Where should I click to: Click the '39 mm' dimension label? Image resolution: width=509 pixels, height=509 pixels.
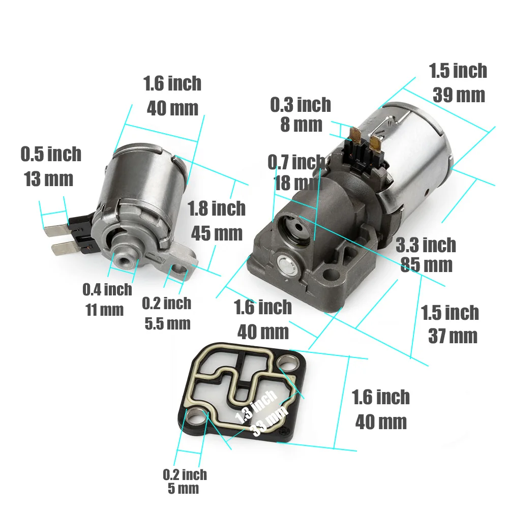coord(459,95)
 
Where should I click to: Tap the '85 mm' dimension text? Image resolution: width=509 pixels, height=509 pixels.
coord(426,265)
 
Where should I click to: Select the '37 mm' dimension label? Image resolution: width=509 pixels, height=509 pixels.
coord(453,336)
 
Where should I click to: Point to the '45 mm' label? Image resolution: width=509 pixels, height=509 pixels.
coord(217,233)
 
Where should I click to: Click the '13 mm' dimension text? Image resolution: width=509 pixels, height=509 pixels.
coord(48,178)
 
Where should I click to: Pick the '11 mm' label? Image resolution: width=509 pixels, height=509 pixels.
coord(104,310)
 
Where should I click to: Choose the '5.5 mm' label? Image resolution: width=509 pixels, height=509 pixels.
coord(167,323)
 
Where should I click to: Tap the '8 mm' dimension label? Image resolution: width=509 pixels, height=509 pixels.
coord(301,125)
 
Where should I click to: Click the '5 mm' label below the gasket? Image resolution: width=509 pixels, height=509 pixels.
coord(183,489)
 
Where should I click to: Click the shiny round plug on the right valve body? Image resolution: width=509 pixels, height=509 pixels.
coord(286,265)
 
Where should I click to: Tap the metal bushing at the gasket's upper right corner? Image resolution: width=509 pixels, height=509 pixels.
coord(288,365)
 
